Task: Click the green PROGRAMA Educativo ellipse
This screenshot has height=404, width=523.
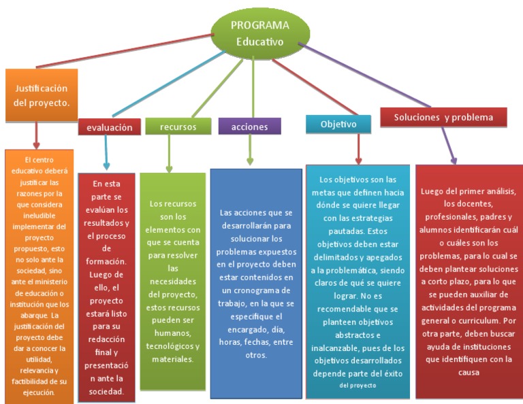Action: (259, 34)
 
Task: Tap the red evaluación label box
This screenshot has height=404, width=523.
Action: (109, 127)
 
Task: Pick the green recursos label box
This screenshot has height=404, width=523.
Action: (178, 127)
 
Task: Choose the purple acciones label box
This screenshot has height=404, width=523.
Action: (249, 127)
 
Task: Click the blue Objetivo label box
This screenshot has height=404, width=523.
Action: (338, 124)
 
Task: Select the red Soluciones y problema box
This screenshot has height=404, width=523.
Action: (443, 117)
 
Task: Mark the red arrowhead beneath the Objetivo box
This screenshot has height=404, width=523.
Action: (358, 158)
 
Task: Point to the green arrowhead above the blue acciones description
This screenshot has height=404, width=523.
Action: (250, 161)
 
